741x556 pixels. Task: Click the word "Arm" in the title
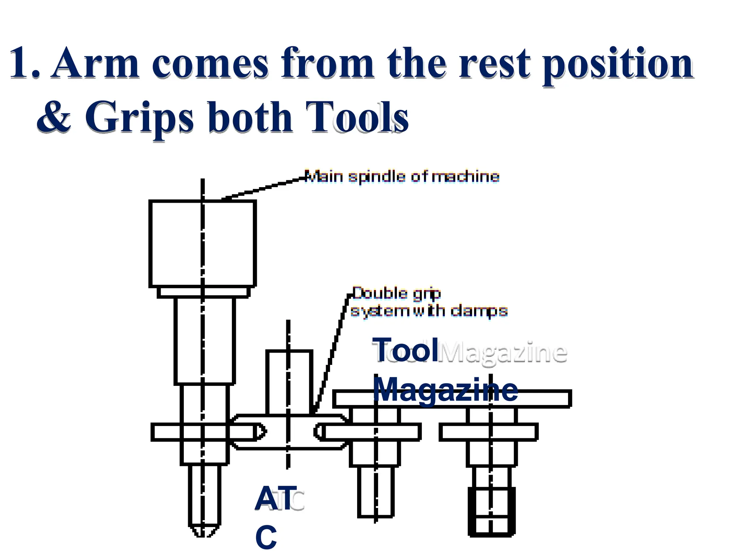(x=95, y=63)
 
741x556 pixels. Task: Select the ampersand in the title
(x=54, y=117)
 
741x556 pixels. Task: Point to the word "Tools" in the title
(x=357, y=117)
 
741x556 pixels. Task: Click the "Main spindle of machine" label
(x=402, y=177)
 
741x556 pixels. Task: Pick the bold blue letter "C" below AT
(x=266, y=538)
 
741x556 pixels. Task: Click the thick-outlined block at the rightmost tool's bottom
(x=491, y=511)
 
